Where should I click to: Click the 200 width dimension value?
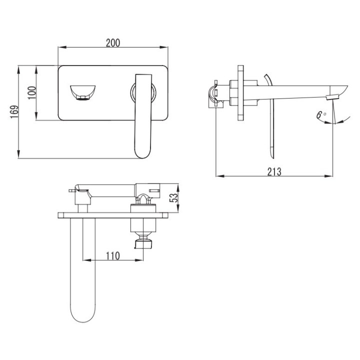click(x=112, y=42)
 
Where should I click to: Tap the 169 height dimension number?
click(x=14, y=112)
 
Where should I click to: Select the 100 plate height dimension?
click(x=32, y=92)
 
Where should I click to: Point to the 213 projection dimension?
click(x=274, y=171)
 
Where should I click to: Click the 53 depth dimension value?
click(x=174, y=198)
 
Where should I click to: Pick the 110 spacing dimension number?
click(x=112, y=256)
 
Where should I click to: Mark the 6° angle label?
click(x=320, y=114)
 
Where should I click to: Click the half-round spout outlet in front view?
click(x=82, y=92)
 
